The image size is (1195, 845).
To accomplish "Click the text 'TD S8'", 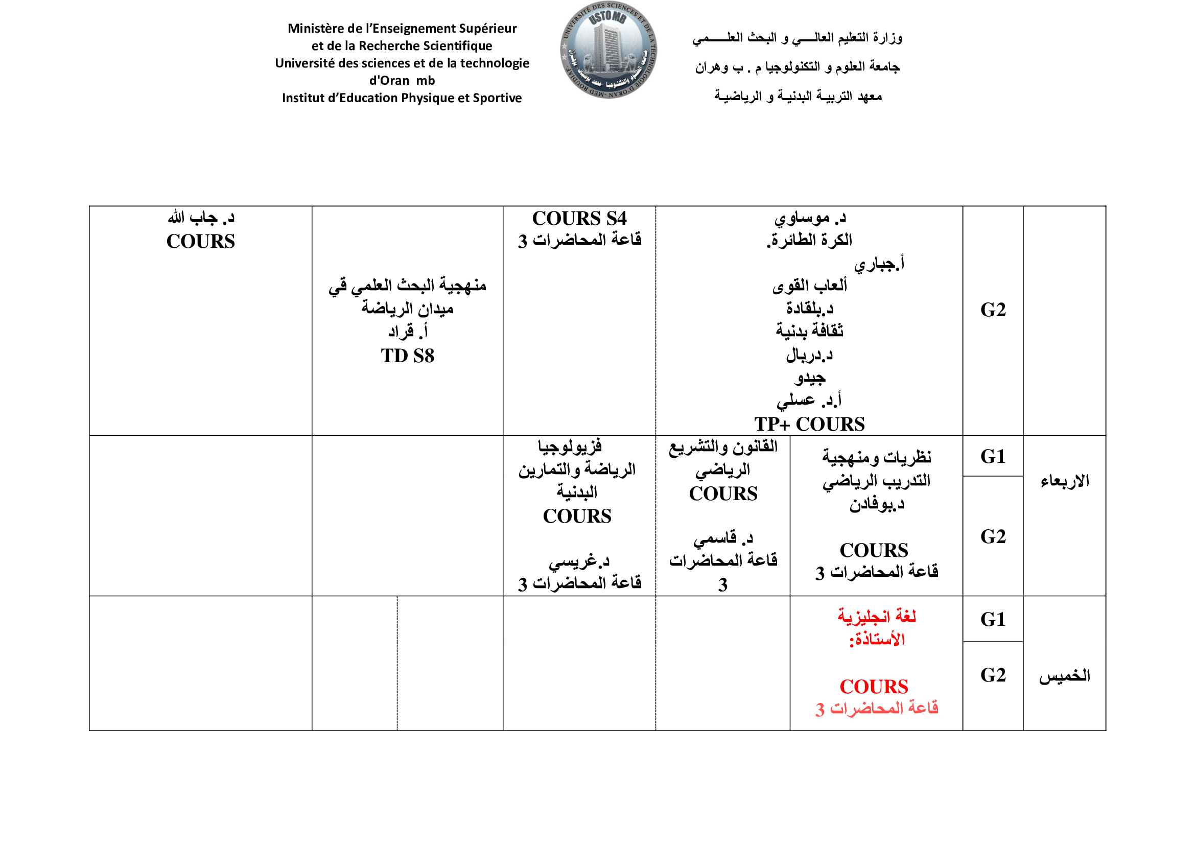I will tap(407, 356).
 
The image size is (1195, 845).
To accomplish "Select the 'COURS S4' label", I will tap(579, 218).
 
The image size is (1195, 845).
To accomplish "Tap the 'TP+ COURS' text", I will tap(809, 424).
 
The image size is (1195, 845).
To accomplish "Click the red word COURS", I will tap(874, 687).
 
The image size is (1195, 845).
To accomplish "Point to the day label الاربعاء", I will tap(1064, 481).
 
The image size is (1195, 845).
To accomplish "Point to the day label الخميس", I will tap(1064, 676).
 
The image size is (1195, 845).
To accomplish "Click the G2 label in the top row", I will tap(993, 310).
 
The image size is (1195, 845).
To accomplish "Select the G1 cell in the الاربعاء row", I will tap(993, 457).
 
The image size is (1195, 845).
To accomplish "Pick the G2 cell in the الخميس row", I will tap(993, 675).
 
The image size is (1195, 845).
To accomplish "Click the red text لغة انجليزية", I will tap(877, 617).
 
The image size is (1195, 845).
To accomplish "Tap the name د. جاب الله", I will tap(201, 218).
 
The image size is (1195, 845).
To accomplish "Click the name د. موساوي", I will tap(810, 218).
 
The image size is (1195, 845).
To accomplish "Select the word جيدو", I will tap(810, 378).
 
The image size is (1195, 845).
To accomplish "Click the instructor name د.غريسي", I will tap(579, 561).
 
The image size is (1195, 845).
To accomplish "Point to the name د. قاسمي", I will tap(723, 537).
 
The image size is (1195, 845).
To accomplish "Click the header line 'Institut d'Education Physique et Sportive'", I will tap(402, 98).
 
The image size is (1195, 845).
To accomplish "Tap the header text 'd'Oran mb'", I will tap(402, 81).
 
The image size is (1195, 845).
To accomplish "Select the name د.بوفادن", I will tap(877, 504).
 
